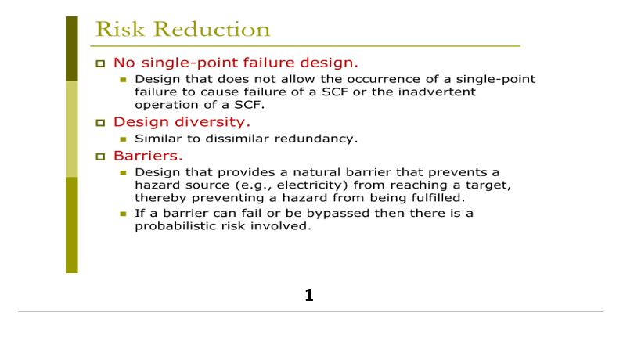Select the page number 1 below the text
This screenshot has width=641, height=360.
tap(309, 295)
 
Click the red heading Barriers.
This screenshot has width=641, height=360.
tap(148, 155)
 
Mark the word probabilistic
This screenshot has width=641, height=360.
tap(171, 225)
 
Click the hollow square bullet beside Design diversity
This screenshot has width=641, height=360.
tap(99, 122)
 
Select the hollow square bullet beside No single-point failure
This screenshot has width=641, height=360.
tap(99, 63)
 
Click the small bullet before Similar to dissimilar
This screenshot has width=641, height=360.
tap(123, 139)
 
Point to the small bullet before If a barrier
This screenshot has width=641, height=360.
tap(123, 214)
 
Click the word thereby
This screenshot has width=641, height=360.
tap(158, 197)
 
